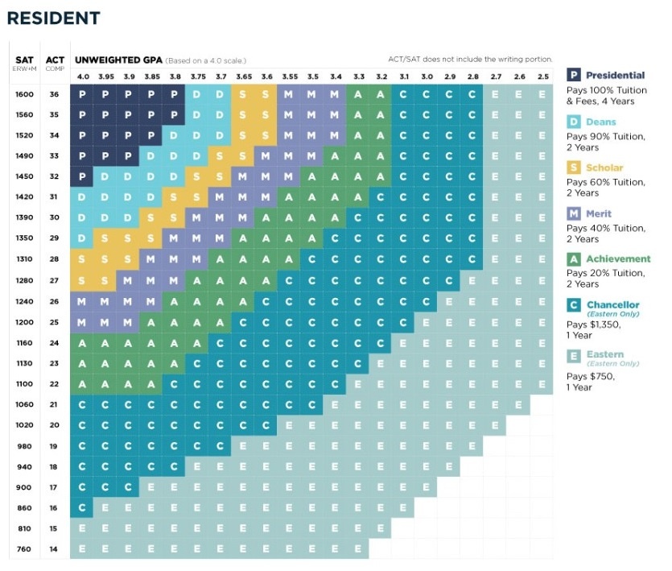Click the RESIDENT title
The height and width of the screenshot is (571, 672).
[x=54, y=18]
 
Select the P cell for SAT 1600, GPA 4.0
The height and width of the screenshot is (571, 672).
[x=82, y=94]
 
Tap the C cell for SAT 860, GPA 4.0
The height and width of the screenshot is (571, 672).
[x=82, y=508]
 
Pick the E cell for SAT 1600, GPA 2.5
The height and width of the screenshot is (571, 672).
[x=542, y=94]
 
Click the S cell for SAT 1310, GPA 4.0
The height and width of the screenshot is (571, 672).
[x=82, y=259]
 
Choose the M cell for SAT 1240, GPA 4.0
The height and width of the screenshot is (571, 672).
[x=82, y=300]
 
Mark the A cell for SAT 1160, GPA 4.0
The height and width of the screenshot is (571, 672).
[x=82, y=342]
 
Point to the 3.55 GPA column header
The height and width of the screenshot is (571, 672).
[x=290, y=77]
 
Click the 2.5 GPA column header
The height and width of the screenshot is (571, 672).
[x=542, y=77]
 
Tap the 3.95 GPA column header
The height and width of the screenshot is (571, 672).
[x=105, y=77]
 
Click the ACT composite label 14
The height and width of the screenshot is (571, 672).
[x=55, y=549]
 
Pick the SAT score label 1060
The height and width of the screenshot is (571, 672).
[x=24, y=404]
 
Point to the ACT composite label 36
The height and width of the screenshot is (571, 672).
[x=55, y=94]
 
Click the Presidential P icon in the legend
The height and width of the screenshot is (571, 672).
[x=575, y=76]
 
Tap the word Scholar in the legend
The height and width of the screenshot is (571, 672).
[x=604, y=168]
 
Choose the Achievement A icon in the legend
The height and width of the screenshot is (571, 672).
[x=575, y=259]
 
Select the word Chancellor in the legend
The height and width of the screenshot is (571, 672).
[x=613, y=304]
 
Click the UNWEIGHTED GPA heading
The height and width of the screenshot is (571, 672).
[x=118, y=60]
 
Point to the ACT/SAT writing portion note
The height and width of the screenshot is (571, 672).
[x=470, y=60]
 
